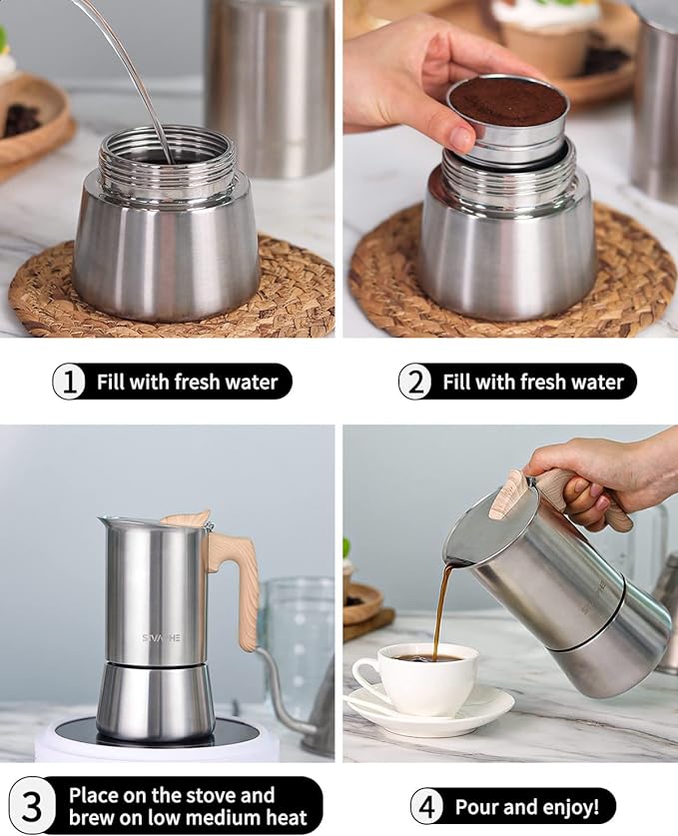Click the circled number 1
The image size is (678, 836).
[69, 382]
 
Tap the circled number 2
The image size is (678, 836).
[415, 382]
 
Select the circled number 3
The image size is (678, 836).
[32, 806]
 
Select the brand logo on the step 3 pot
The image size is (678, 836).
[161, 636]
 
